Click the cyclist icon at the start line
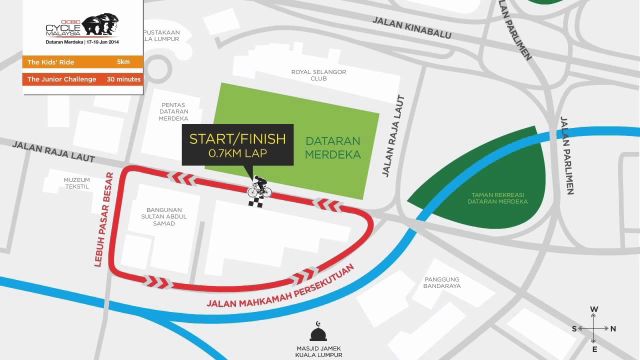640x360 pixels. (x=259, y=187)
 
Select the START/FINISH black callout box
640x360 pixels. (x=237, y=145)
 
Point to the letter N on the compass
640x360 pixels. (x=613, y=328)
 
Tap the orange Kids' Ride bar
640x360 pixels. (x=82, y=62)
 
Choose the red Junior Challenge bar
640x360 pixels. (x=82, y=79)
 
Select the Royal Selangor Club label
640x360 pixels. (x=318, y=75)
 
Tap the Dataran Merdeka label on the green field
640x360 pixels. (x=332, y=147)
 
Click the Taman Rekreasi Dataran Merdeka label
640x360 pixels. (x=497, y=198)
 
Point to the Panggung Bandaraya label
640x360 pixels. (x=442, y=283)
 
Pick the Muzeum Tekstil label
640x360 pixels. (x=76, y=183)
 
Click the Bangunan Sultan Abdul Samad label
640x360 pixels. (x=164, y=216)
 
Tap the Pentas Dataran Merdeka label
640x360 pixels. (x=173, y=112)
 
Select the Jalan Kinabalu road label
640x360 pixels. (x=412, y=28)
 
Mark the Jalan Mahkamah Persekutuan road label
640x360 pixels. (x=280, y=286)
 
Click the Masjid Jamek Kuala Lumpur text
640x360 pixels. (x=318, y=351)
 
